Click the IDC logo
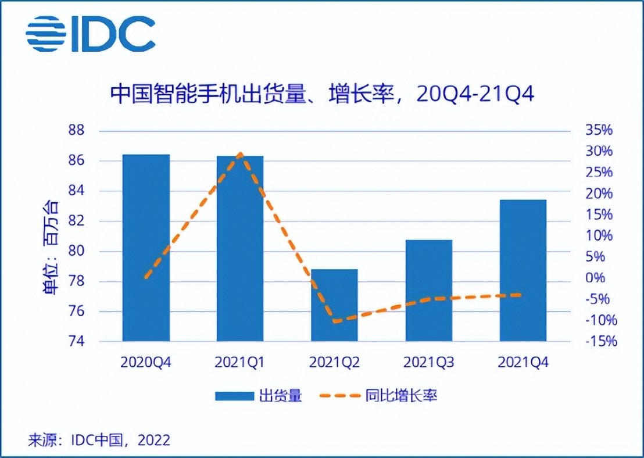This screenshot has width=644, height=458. pyautogui.click(x=90, y=34)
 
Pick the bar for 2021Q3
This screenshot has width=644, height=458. pyautogui.click(x=428, y=290)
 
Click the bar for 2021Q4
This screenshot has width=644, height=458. pyautogui.click(x=523, y=270)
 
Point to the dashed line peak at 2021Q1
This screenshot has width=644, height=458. pyautogui.click(x=241, y=154)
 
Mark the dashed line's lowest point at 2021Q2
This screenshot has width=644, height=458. pyautogui.click(x=335, y=321)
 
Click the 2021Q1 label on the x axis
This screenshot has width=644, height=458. pyautogui.click(x=239, y=363)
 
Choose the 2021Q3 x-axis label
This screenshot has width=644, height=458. pyautogui.click(x=428, y=363)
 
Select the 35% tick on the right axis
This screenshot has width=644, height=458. pyautogui.click(x=599, y=130)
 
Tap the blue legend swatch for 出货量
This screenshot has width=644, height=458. pyautogui.click(x=234, y=396)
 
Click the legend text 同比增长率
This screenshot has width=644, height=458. pyautogui.click(x=401, y=396)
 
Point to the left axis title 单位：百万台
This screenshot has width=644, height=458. pyautogui.click(x=51, y=247)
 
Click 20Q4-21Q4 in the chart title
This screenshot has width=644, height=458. pyautogui.click(x=475, y=94)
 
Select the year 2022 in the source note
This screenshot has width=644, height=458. pyautogui.click(x=154, y=440)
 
